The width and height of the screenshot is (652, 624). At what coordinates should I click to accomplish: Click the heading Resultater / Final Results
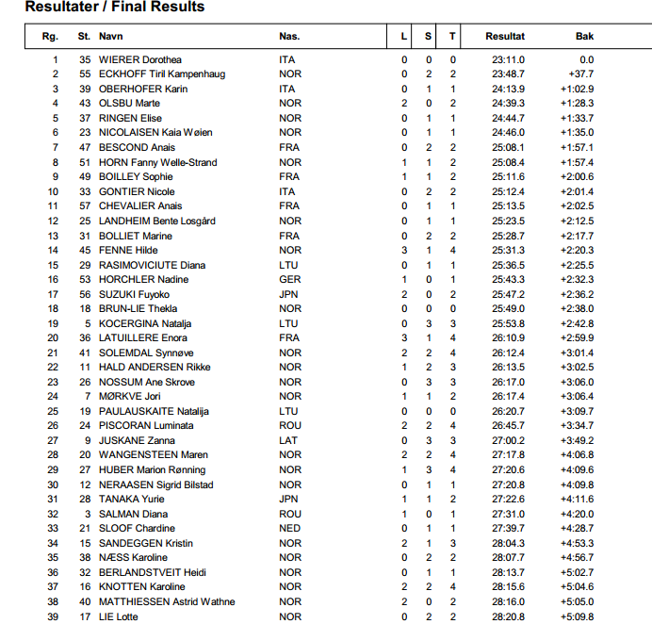(x=114, y=8)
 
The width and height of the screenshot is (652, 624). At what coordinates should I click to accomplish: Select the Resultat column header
(x=505, y=37)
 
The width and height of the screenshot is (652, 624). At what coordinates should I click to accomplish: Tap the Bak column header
(x=584, y=37)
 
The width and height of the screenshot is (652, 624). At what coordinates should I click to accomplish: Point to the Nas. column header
(x=289, y=37)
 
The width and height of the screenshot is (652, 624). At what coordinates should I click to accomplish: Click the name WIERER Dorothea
(x=140, y=59)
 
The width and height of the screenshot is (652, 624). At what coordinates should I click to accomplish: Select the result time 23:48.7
(x=508, y=74)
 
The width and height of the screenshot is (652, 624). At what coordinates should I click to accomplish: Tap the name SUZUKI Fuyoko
(x=137, y=294)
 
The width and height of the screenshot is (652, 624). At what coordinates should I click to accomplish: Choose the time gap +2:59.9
(x=577, y=337)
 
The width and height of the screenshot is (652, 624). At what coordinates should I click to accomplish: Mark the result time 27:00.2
(x=508, y=440)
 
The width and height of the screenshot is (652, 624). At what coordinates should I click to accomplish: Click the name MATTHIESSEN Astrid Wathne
(x=167, y=601)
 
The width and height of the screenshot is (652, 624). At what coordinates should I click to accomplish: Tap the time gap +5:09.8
(x=577, y=616)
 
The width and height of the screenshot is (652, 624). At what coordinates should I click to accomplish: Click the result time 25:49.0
(x=508, y=308)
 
